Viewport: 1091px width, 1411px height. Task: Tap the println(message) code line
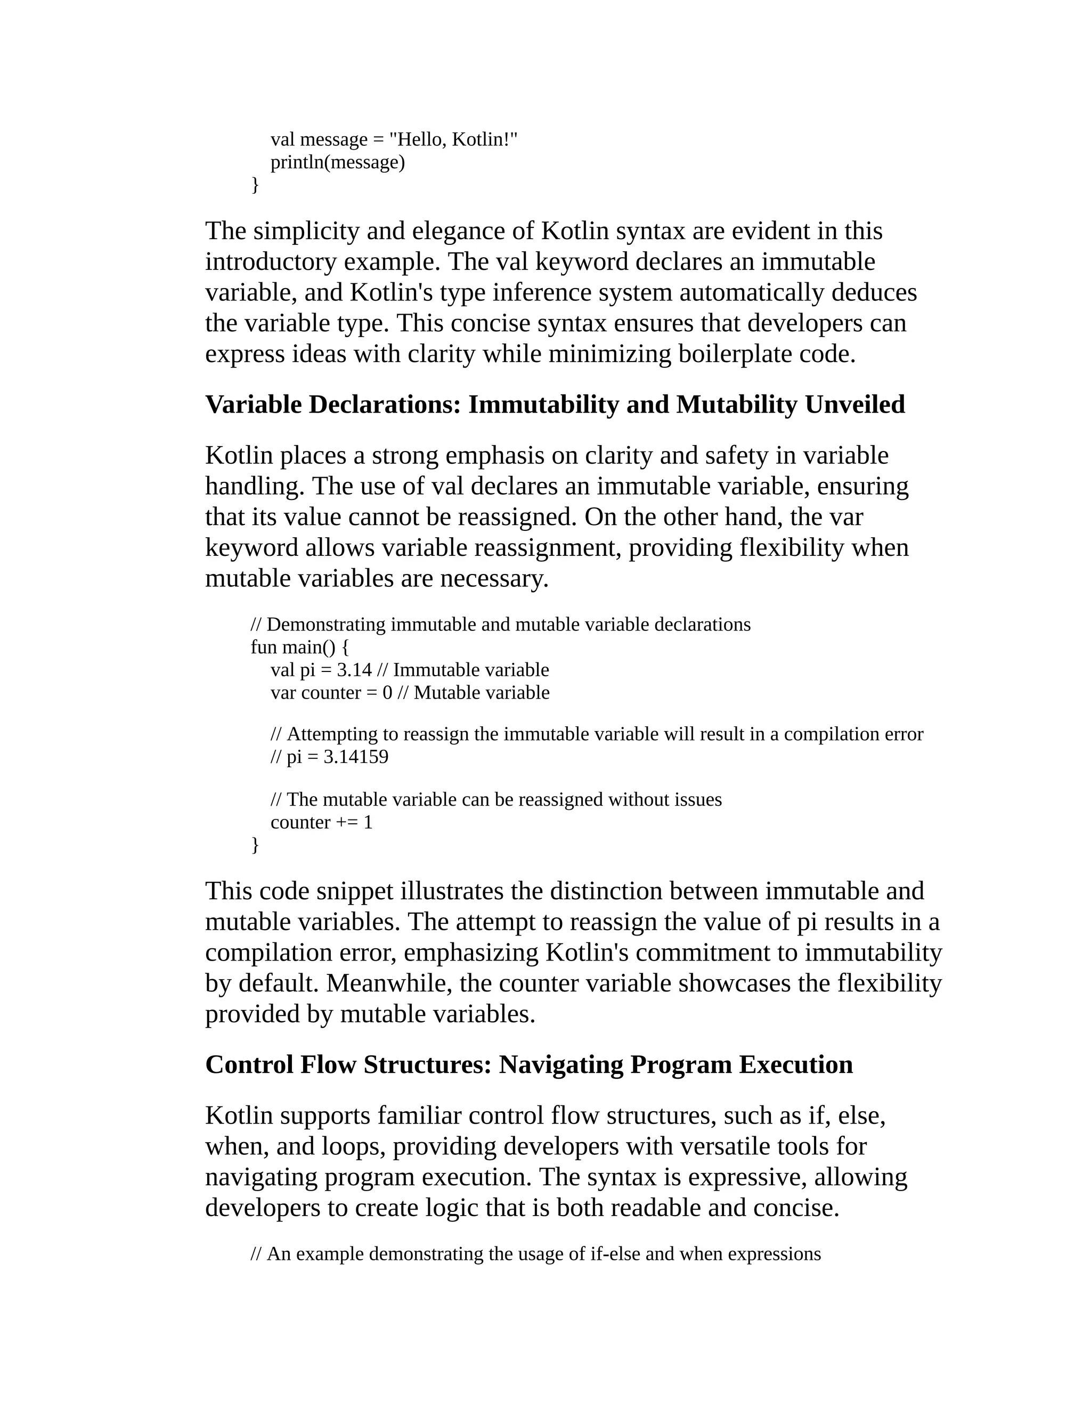(337, 162)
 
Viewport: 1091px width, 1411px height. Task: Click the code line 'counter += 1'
(321, 823)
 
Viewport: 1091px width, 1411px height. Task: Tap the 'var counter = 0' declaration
(331, 693)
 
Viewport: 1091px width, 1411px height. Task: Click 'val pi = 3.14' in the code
(321, 670)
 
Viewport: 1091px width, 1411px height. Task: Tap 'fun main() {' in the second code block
(299, 647)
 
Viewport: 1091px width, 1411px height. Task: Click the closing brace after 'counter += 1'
(255, 845)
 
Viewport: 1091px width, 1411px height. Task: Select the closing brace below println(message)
(255, 185)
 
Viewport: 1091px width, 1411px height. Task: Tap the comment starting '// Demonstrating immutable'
(500, 625)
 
